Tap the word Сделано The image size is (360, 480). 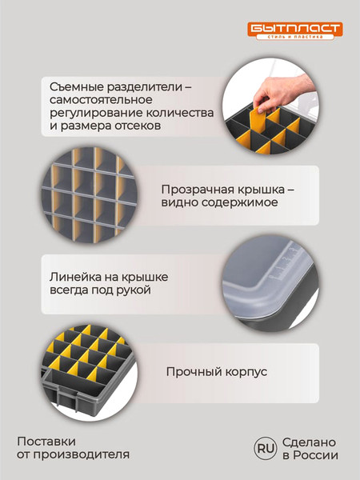[x=308, y=442]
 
